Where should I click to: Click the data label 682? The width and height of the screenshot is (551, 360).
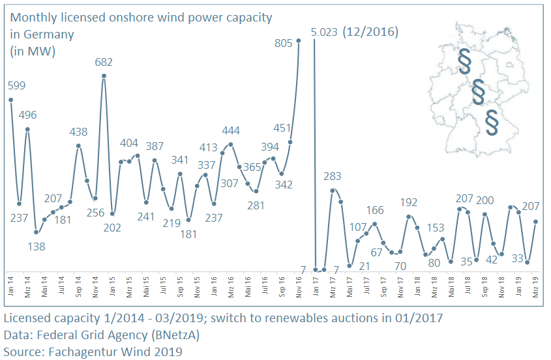pos(104,63)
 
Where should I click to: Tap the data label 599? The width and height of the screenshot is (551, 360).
pos(17,85)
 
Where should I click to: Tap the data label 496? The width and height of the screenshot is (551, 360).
pos(28,115)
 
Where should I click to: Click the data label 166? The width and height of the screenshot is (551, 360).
pos(375,210)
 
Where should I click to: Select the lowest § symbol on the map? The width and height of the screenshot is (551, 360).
pos(492,123)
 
